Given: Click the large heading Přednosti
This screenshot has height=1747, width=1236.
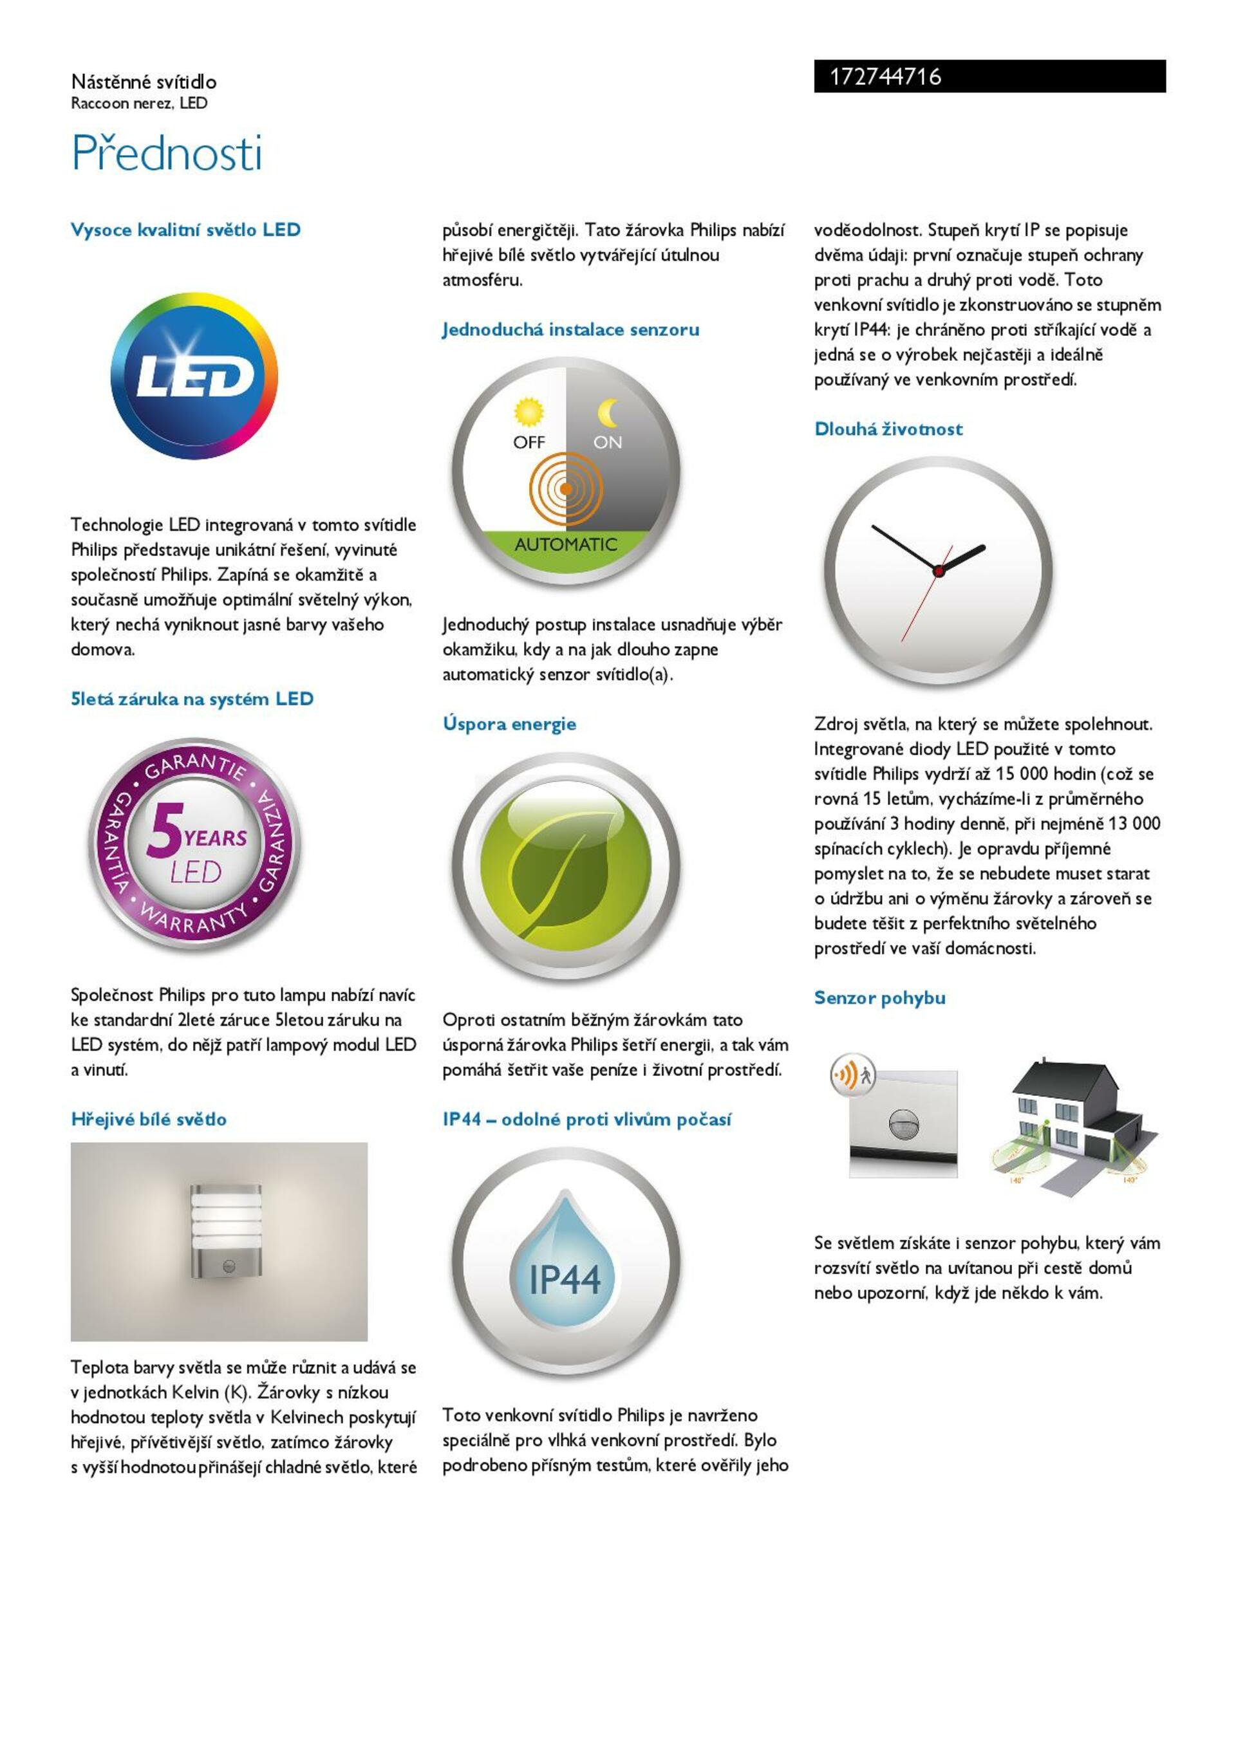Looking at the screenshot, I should (167, 153).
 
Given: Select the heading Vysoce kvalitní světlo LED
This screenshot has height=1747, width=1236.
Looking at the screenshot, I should (185, 230).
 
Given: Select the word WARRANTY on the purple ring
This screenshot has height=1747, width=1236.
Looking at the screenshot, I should (195, 918).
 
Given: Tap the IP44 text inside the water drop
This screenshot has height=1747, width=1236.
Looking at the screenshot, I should (565, 1279).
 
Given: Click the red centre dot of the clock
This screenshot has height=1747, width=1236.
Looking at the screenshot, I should (939, 571).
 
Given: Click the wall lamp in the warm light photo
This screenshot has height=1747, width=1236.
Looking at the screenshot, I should (226, 1231).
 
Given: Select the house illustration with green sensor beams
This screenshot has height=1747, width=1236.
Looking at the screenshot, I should (1073, 1118).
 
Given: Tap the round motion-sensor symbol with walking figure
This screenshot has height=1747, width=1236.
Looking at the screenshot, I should (852, 1075).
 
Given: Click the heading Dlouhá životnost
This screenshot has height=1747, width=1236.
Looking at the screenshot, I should (888, 429).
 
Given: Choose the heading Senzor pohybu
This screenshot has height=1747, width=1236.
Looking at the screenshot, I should (880, 997).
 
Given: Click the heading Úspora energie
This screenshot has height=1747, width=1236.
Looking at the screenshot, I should (509, 724).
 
